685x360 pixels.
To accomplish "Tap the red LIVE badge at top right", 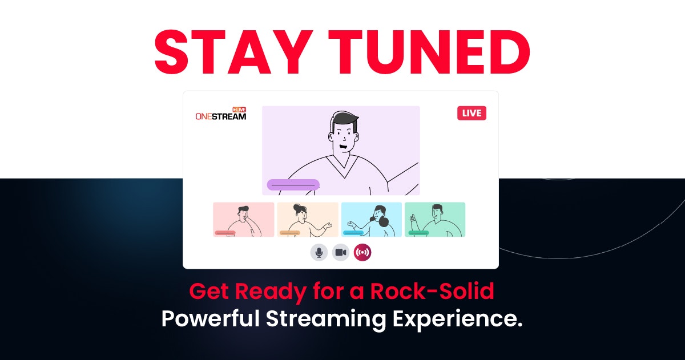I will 472,113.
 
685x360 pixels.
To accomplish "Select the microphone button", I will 319,252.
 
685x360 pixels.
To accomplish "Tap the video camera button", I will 341,252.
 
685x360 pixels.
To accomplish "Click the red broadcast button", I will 362,252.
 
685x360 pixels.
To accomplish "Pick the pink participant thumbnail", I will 244,220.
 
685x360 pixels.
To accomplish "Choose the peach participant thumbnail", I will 308,220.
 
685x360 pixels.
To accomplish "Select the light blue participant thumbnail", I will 372,220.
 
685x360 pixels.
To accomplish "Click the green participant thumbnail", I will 435,220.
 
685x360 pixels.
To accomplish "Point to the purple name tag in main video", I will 293,185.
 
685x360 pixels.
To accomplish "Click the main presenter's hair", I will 345,119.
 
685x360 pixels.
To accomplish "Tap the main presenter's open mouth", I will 344,147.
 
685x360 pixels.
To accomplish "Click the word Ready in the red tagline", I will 270,292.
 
